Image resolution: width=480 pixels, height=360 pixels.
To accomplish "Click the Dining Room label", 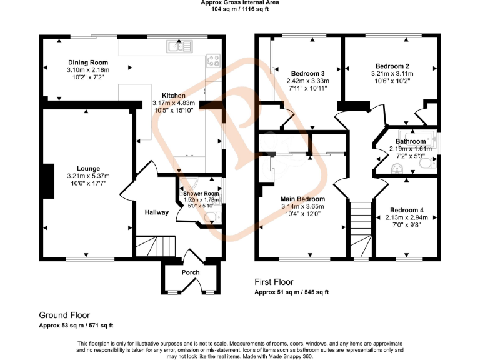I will pyautogui.click(x=87, y=62).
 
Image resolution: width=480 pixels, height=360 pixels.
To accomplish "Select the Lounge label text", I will pyautogui.click(x=88, y=168).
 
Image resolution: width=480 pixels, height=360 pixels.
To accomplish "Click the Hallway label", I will pyautogui.click(x=156, y=212).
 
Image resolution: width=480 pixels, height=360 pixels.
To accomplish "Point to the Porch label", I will pyautogui.click(x=191, y=272).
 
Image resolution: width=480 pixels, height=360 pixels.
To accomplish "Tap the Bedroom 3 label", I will pyautogui.click(x=307, y=73).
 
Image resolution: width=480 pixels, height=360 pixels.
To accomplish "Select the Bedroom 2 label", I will pyautogui.click(x=392, y=66).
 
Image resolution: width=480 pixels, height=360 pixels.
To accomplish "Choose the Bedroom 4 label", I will pyautogui.click(x=407, y=210).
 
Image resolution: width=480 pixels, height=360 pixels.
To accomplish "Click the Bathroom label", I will pyautogui.click(x=411, y=141).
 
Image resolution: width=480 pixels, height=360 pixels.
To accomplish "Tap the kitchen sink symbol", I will pyautogui.click(x=178, y=46).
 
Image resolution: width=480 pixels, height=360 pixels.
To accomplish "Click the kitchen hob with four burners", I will pyautogui.click(x=214, y=61).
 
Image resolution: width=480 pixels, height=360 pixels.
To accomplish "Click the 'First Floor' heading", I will pyautogui.click(x=274, y=282).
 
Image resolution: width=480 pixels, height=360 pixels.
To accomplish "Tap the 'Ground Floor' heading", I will pyautogui.click(x=64, y=315).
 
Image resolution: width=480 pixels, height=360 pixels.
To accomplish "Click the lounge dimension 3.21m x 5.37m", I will pyautogui.click(x=88, y=176).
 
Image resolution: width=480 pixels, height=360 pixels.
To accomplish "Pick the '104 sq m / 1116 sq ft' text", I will pyautogui.click(x=240, y=9).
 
